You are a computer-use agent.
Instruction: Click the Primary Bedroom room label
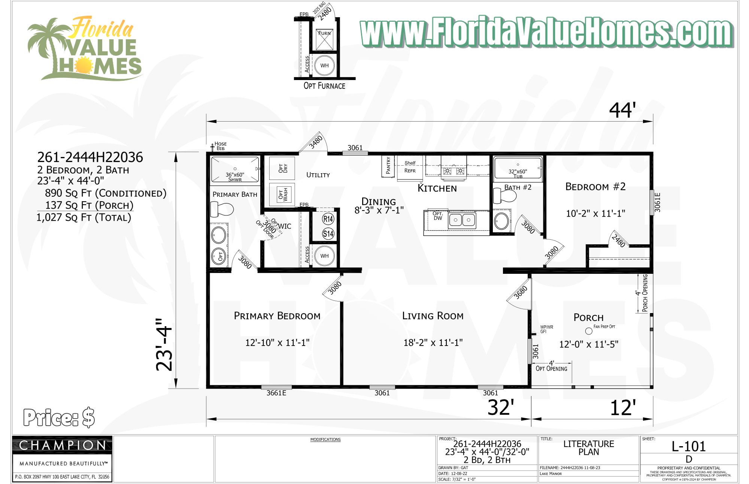tap(277, 316)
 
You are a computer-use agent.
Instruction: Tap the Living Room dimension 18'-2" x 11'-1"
tap(433, 343)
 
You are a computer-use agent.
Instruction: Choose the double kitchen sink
tap(462, 220)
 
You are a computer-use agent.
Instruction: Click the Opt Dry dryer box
tap(282, 168)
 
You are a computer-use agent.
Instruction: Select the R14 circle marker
tap(328, 219)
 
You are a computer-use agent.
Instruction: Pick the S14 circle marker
tap(328, 234)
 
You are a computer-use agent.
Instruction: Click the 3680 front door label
tap(521, 292)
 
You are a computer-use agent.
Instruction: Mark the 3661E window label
tap(276, 393)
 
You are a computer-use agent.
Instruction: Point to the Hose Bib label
tap(220, 146)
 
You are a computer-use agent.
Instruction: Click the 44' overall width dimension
tap(622, 110)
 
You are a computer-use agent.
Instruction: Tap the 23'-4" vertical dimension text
tap(164, 344)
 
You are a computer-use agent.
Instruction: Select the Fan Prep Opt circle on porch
tap(589, 331)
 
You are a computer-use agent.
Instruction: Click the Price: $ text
tap(59, 417)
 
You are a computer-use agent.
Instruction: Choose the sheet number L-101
tap(688, 446)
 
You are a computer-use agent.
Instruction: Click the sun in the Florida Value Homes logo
tap(84, 65)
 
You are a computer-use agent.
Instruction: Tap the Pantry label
tap(388, 166)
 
